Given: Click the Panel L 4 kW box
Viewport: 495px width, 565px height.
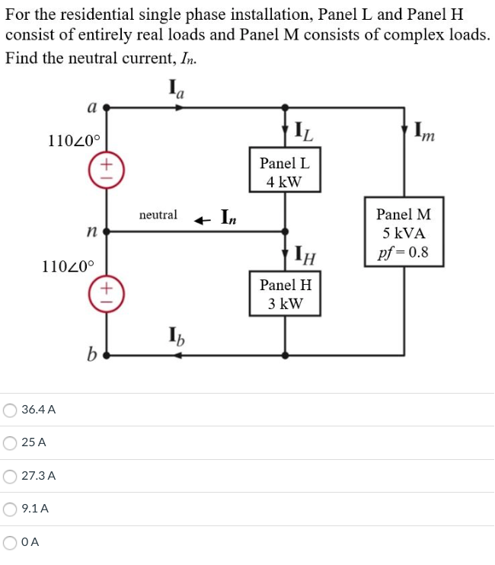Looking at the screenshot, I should [284, 172].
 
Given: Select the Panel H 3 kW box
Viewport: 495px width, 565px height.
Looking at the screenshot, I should [284, 294].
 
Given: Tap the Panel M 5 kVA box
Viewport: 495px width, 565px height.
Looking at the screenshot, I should [403, 233].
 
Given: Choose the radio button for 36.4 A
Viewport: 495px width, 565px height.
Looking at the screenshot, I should [11, 410].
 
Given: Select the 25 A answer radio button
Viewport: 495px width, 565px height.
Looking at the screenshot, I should [11, 442].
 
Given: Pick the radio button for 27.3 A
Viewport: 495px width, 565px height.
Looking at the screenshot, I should [11, 476].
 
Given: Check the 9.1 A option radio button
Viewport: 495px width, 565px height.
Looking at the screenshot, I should [11, 509].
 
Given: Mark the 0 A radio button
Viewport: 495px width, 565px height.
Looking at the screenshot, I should [11, 543].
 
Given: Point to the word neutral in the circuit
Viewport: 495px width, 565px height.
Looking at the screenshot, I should [158, 215].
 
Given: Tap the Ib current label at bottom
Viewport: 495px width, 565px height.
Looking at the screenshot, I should [174, 336].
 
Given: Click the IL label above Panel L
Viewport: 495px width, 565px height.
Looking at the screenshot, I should [302, 132].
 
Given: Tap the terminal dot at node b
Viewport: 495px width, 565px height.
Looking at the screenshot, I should [107, 355].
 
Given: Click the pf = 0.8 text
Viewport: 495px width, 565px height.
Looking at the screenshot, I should [403, 252].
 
